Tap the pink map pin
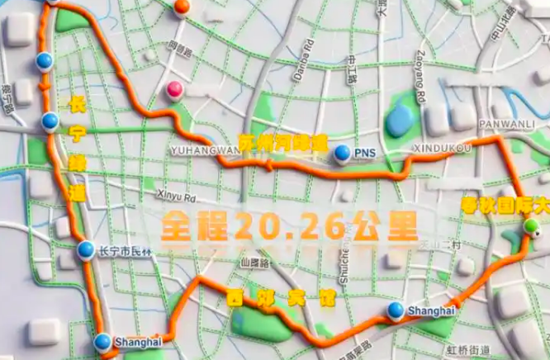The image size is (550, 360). pos(174,90)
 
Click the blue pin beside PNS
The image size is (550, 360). pos(342,152)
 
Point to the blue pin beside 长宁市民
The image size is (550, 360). pos(85,249)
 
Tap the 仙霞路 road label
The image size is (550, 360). pos(249,263)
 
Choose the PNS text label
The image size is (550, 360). pos(364,153)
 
